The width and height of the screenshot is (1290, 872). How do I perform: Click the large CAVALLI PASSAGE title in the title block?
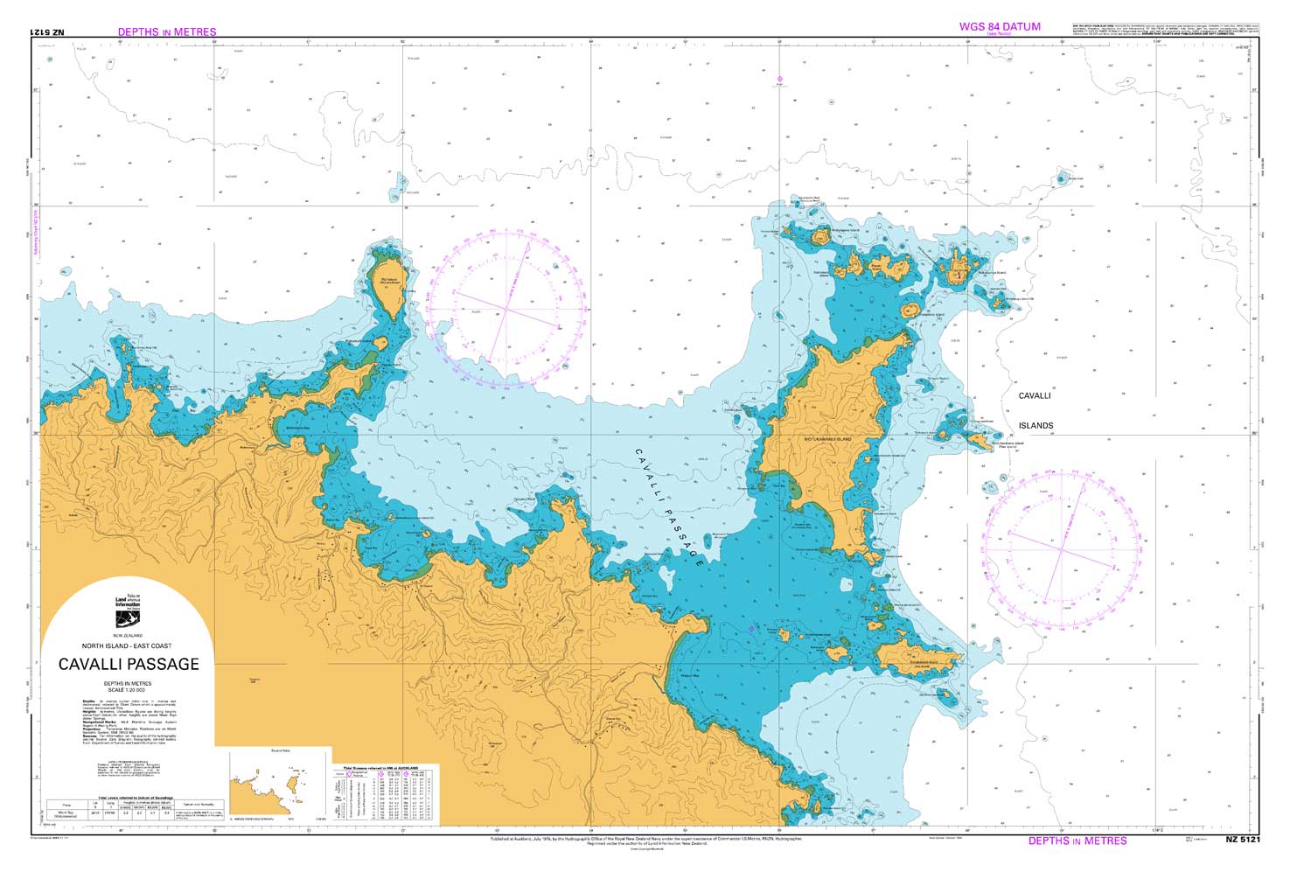tap(129, 665)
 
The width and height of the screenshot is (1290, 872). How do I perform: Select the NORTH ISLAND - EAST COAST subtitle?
tap(129, 645)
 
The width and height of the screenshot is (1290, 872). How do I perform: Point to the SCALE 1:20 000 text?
tap(128, 690)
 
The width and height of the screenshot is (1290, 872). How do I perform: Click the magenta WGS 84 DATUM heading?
tap(1000, 26)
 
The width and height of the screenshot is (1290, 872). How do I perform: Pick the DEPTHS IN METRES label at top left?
tap(167, 31)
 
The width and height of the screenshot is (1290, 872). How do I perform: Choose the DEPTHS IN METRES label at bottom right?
tap(1077, 841)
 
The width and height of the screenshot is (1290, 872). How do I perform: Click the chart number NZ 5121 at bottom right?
tap(1242, 841)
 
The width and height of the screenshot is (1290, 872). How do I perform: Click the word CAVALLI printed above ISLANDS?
tap(1035, 396)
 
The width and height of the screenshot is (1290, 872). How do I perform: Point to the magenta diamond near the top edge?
tap(779, 80)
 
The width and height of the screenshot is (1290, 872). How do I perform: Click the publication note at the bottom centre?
tap(645, 841)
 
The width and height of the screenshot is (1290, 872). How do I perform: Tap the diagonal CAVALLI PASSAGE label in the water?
tap(669, 508)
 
